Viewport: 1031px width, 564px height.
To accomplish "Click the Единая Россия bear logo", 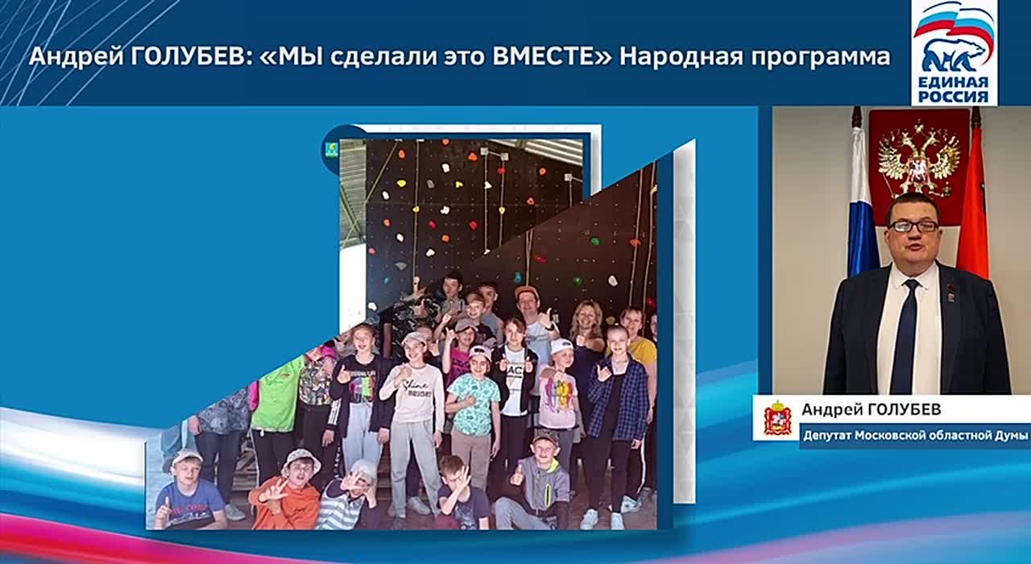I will click(954, 53).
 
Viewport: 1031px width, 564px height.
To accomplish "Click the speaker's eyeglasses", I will click(913, 226).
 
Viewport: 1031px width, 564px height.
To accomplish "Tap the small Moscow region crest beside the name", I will click(777, 418).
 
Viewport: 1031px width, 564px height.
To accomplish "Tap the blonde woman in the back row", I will click(586, 330).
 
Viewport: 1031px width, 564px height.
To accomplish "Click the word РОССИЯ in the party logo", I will click(954, 97).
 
